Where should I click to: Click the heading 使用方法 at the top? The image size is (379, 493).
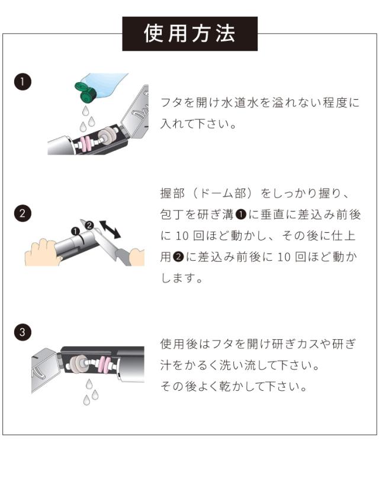click(x=189, y=34)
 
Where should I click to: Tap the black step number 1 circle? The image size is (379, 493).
click(x=23, y=82)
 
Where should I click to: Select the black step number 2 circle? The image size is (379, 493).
click(x=23, y=213)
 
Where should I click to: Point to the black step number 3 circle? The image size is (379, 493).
click(x=23, y=332)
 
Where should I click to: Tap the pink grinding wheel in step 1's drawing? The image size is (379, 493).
click(x=86, y=145)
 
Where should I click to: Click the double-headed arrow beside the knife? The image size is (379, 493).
click(x=110, y=229)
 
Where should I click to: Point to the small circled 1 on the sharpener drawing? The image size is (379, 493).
click(x=75, y=232)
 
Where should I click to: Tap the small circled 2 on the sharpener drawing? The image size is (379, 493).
click(x=89, y=225)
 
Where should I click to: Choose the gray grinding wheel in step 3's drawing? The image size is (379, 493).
click(x=78, y=364)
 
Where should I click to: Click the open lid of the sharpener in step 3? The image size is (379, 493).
click(x=45, y=370)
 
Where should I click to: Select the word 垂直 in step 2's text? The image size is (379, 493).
click(x=274, y=215)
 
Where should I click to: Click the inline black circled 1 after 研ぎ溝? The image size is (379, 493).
click(x=240, y=215)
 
